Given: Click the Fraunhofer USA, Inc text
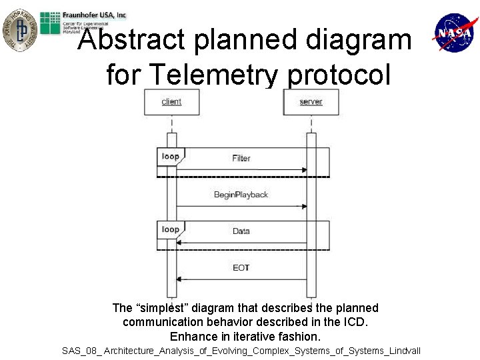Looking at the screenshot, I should pos(94,15).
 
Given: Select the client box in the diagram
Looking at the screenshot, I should pos(171,102).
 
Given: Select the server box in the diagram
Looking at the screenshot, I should pos(311,102).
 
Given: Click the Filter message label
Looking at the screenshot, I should pos(241,158).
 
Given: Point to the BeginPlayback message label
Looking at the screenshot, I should pos(241,195).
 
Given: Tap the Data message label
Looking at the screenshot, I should pos(241,231).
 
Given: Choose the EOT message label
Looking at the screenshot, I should pos(241,267).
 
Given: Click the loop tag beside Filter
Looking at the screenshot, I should pos(170,157).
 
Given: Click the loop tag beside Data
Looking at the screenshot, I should pos(170,229).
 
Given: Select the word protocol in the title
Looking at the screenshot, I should pos(339,75).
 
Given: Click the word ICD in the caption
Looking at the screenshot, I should pos(357,322).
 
